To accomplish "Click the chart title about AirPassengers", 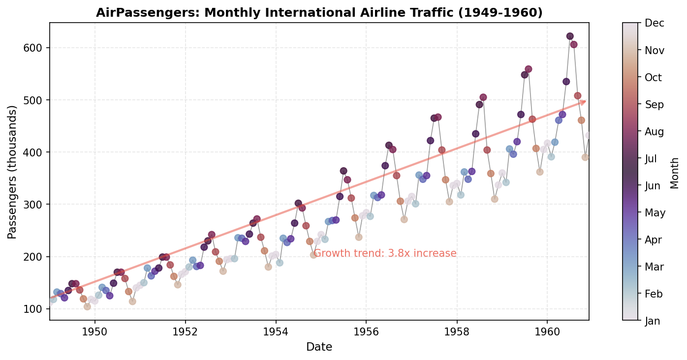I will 319,13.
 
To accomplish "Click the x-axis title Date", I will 319,347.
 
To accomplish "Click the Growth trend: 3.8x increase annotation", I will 385,254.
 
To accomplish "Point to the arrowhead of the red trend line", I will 584,102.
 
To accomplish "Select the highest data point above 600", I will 570,36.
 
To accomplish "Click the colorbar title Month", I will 675,173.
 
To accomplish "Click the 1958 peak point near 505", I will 483,97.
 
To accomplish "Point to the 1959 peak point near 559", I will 529,69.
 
